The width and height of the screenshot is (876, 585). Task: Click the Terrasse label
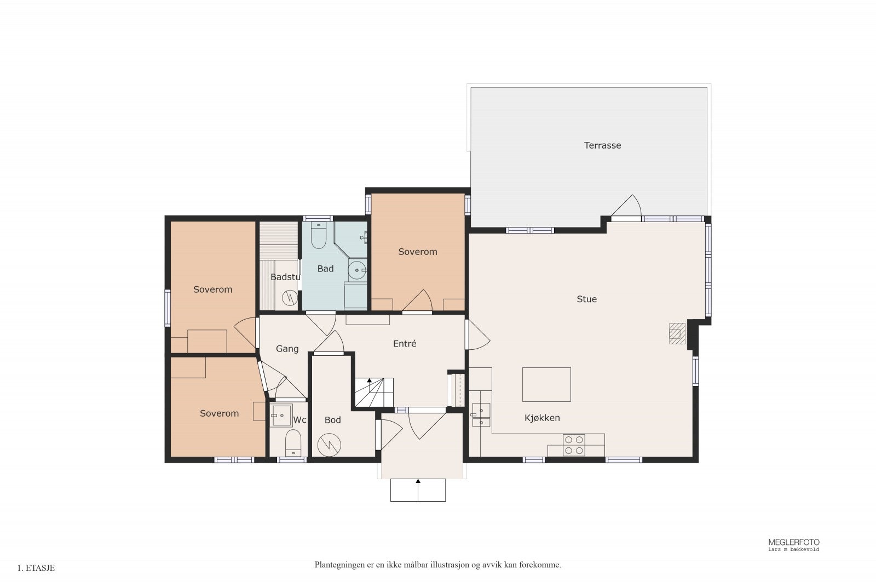[602, 145]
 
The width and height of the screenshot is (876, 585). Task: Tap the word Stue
[586, 299]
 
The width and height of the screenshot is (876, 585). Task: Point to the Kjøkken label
[542, 418]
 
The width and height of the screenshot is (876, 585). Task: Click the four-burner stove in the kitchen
[574, 445]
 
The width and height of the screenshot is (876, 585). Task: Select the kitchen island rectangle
[546, 384]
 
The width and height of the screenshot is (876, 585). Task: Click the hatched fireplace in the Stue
[677, 333]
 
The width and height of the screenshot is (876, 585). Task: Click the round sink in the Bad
[357, 270]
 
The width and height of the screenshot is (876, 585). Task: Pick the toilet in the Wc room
[293, 443]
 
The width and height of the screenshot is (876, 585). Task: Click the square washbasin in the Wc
[281, 416]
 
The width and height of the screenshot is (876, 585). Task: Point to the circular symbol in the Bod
[329, 445]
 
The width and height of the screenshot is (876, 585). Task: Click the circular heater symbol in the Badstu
[290, 298]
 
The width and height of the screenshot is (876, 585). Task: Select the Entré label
[405, 344]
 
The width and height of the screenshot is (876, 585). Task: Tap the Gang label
[287, 349]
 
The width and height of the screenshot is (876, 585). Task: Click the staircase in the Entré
[374, 393]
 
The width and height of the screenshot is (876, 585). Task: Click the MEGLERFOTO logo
[793, 544]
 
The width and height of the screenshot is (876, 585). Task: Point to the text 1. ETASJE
[36, 568]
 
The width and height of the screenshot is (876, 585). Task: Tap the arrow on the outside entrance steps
[418, 490]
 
